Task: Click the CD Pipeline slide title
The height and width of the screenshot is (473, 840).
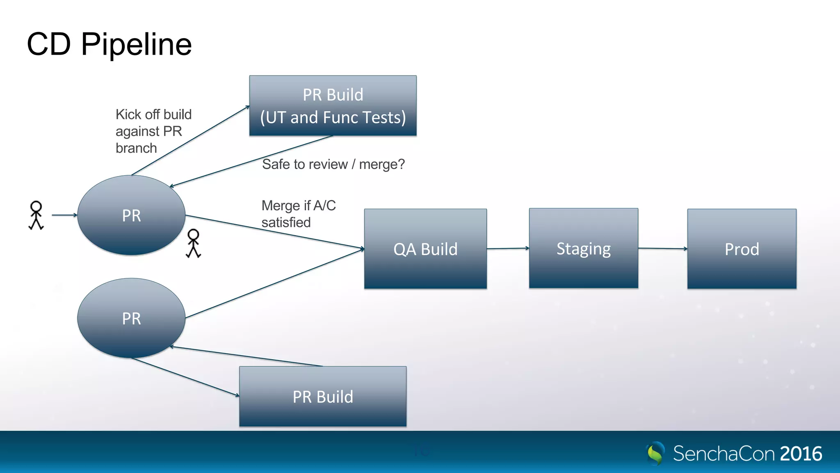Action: click(109, 44)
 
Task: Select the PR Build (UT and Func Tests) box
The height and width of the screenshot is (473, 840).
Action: click(333, 106)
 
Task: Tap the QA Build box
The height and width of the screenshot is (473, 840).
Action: click(425, 249)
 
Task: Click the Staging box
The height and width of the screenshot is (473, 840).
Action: click(583, 248)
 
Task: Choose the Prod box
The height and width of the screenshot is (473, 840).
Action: click(742, 249)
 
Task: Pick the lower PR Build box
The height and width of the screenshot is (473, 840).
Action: click(323, 396)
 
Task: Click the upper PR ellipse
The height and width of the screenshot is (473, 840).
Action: click(131, 215)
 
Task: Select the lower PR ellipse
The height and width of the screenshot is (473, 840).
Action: click(131, 318)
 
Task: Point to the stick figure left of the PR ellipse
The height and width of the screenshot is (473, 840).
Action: click(36, 215)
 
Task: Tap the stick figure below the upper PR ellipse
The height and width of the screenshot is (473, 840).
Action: click(193, 243)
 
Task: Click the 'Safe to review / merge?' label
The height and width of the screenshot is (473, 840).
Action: click(333, 164)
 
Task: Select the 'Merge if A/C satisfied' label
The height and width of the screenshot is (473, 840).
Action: click(298, 214)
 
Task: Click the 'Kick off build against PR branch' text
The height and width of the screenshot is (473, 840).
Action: click(153, 131)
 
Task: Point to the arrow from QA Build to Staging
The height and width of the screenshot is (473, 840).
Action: click(508, 248)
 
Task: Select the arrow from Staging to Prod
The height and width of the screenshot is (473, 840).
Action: click(662, 248)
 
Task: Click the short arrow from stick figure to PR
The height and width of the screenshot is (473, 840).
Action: click(64, 215)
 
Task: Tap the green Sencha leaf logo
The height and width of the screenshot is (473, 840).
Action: click(655, 453)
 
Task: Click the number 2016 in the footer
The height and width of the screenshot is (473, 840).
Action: click(801, 454)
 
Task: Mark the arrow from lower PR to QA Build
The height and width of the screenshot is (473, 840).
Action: click(275, 283)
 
